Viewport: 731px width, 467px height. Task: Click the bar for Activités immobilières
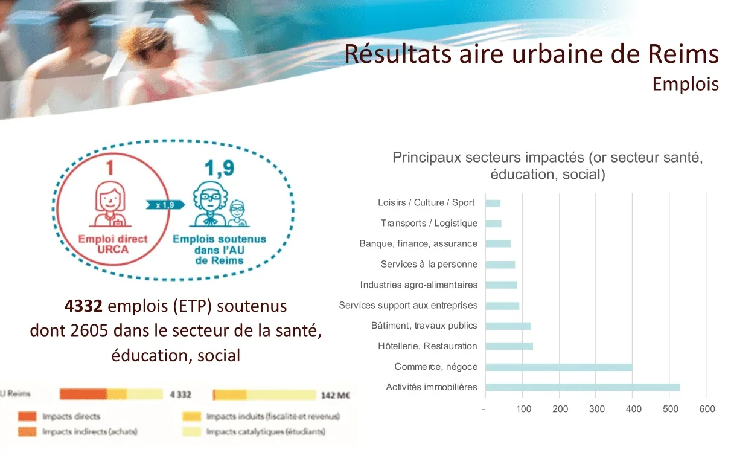coord(582,387)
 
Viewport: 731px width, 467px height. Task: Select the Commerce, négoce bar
coord(559,367)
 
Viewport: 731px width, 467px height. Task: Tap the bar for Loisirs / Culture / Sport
coord(493,204)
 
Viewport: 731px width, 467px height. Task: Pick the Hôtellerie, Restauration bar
coord(509,346)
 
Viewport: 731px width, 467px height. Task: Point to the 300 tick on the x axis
coord(596,409)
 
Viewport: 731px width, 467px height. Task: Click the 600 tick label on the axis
coord(707,409)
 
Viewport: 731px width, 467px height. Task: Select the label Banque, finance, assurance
coord(418,243)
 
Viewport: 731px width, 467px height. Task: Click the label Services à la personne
coord(429,264)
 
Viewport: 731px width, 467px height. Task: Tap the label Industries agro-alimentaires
coord(419,285)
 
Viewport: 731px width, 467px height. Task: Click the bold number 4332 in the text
coord(83,306)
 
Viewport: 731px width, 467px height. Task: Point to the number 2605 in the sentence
coord(89,331)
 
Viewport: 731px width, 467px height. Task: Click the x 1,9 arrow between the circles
coord(165,205)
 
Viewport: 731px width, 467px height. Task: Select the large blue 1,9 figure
coord(220,169)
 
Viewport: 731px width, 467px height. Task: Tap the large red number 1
coord(110,168)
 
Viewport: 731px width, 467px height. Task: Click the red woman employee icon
coord(110,204)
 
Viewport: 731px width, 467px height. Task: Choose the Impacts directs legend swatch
coord(27,417)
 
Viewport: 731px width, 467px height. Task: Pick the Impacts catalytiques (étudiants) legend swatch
coord(191,432)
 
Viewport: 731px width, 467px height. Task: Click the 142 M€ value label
coord(335,396)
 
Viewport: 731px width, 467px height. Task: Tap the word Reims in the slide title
coord(683,54)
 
